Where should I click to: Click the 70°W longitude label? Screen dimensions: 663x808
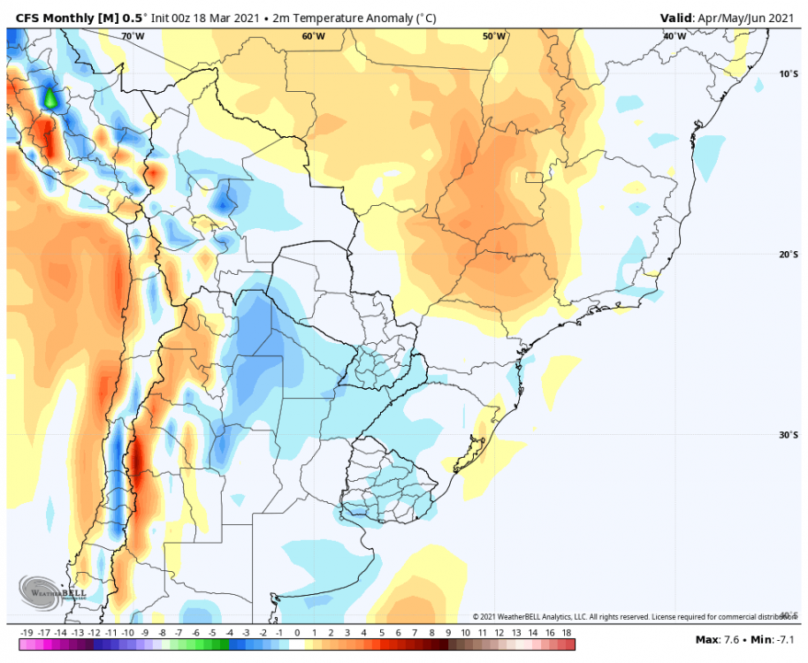click(133, 36)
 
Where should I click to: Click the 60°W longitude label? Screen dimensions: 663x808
click(313, 36)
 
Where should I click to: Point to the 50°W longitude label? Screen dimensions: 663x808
click(494, 36)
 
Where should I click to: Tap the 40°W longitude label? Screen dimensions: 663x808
click(675, 36)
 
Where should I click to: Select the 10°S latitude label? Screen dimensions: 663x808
click(789, 73)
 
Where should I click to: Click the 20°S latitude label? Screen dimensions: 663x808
click(789, 255)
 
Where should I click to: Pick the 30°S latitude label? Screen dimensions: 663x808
click(789, 435)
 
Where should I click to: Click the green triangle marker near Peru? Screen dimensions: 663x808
click(50, 98)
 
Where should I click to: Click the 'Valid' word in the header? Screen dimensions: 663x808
click(677, 18)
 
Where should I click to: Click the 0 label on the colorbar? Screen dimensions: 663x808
click(297, 633)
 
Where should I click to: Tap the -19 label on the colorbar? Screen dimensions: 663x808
click(27, 633)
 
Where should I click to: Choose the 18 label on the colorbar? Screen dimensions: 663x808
click(567, 633)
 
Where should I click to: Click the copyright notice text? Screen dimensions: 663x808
click(629, 616)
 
